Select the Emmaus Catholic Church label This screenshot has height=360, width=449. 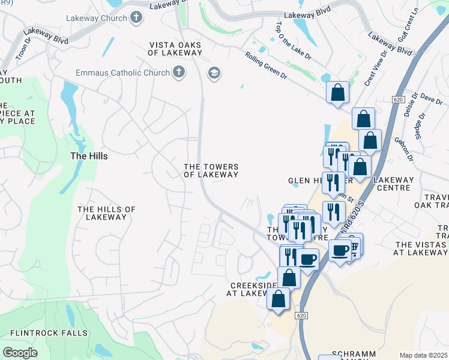tap(123, 73)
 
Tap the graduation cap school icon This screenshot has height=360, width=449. tap(214, 73)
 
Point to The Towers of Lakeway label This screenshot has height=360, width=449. tap(211, 171)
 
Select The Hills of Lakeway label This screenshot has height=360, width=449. tap(107, 213)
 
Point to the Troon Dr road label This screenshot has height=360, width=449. tap(23, 52)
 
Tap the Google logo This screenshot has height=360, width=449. tap(20, 353)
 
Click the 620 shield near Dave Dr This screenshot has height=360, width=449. tap(399, 98)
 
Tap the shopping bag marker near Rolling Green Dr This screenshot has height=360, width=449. tap(337, 93)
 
